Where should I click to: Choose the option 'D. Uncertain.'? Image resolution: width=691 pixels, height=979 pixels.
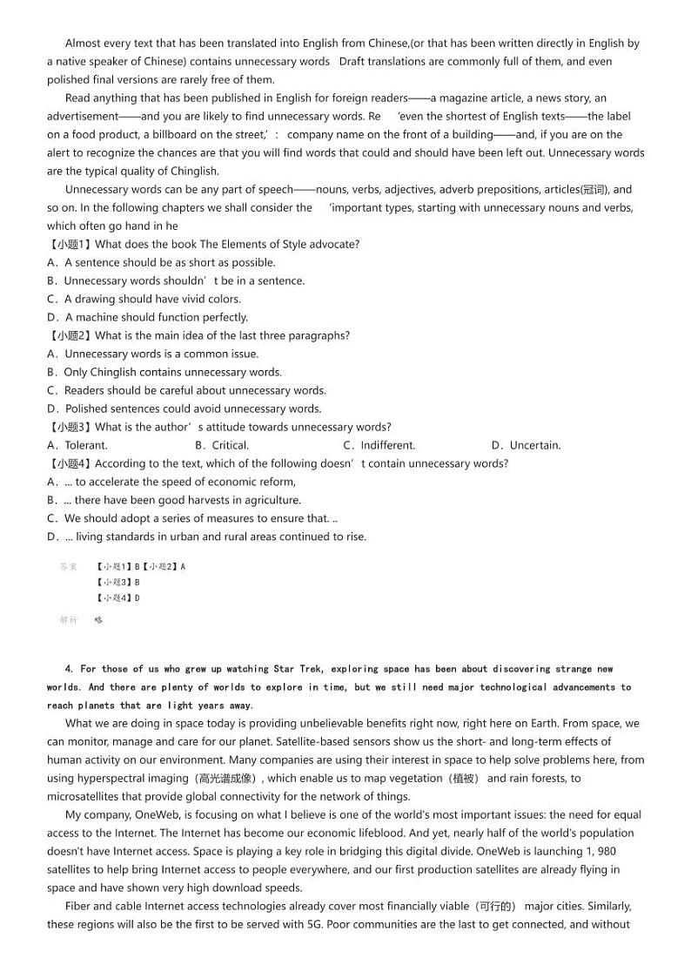coord(526,445)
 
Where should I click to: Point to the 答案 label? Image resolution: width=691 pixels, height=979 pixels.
coord(69,566)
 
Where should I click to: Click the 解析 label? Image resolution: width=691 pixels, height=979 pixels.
coord(69,620)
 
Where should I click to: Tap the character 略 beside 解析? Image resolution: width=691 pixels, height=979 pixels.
coord(98,620)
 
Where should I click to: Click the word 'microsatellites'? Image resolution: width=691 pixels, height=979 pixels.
coord(86,796)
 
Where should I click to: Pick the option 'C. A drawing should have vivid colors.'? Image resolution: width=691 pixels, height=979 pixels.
coord(131,299)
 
